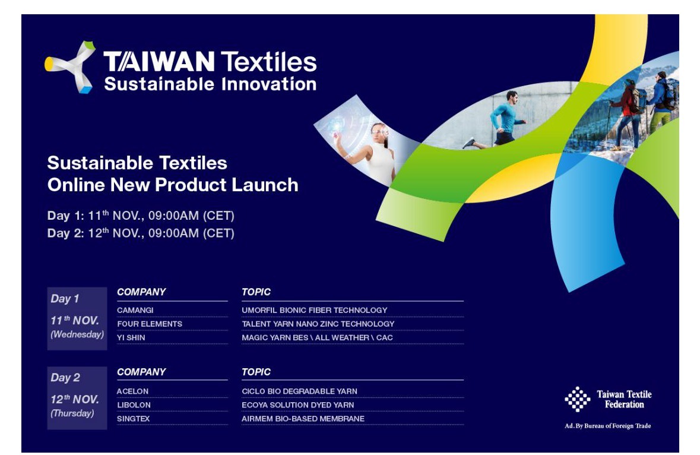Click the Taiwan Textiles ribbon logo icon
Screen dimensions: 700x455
(x=71, y=67)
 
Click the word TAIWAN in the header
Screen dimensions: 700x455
(x=159, y=62)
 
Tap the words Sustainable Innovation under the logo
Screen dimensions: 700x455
(x=210, y=84)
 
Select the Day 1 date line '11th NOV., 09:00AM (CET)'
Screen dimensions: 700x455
(x=141, y=216)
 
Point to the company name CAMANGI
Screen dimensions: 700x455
(x=135, y=310)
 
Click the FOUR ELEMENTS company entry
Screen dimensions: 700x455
(x=150, y=324)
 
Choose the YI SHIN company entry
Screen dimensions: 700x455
(x=131, y=337)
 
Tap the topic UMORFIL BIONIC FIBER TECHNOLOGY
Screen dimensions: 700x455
(x=314, y=310)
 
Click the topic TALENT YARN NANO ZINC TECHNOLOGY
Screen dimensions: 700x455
(x=318, y=324)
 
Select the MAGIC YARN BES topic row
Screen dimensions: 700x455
(x=317, y=337)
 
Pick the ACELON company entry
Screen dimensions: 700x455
(x=132, y=391)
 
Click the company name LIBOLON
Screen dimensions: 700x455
(x=134, y=405)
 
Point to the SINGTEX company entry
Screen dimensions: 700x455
(x=133, y=419)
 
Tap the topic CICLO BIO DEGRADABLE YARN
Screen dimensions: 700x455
(x=299, y=391)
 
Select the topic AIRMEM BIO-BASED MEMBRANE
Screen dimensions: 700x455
(x=303, y=419)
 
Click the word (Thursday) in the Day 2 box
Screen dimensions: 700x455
(x=72, y=413)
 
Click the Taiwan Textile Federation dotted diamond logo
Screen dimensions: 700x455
(x=577, y=399)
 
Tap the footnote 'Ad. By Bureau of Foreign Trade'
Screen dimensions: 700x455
(x=607, y=426)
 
